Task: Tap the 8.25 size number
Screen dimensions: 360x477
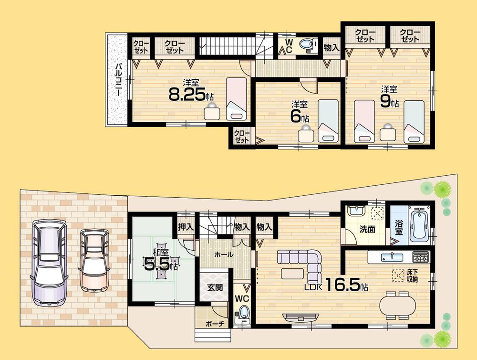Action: (x=187, y=95)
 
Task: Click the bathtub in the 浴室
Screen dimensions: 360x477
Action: (x=420, y=223)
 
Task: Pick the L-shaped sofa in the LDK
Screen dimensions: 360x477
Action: (x=305, y=265)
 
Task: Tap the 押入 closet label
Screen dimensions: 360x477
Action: (x=185, y=226)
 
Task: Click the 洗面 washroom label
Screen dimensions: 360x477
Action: (x=367, y=229)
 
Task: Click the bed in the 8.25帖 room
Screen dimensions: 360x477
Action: (x=236, y=98)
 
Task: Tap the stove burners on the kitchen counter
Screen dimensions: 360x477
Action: (x=420, y=257)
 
